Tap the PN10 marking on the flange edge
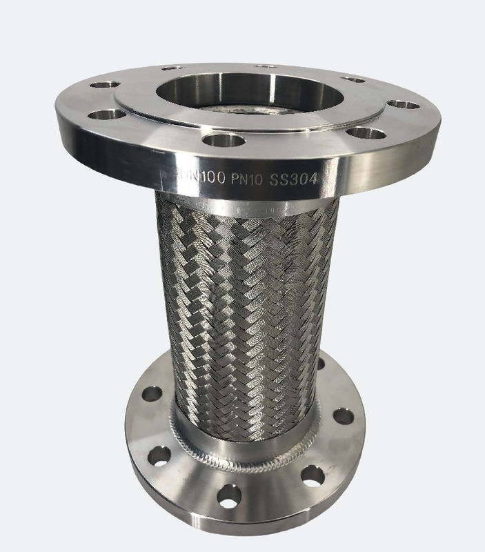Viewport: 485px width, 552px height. [x=247, y=179]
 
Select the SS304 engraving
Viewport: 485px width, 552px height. [x=293, y=179]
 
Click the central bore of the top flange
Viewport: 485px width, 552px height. [x=250, y=94]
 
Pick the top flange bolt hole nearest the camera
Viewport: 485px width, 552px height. [x=224, y=140]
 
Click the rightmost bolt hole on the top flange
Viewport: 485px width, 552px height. [x=404, y=105]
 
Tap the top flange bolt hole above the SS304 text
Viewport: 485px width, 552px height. [x=366, y=133]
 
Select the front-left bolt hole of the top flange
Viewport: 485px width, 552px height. [x=107, y=115]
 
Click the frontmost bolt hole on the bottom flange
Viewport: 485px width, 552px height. [x=229, y=495]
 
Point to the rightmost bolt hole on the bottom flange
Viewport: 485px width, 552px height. [x=343, y=417]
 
